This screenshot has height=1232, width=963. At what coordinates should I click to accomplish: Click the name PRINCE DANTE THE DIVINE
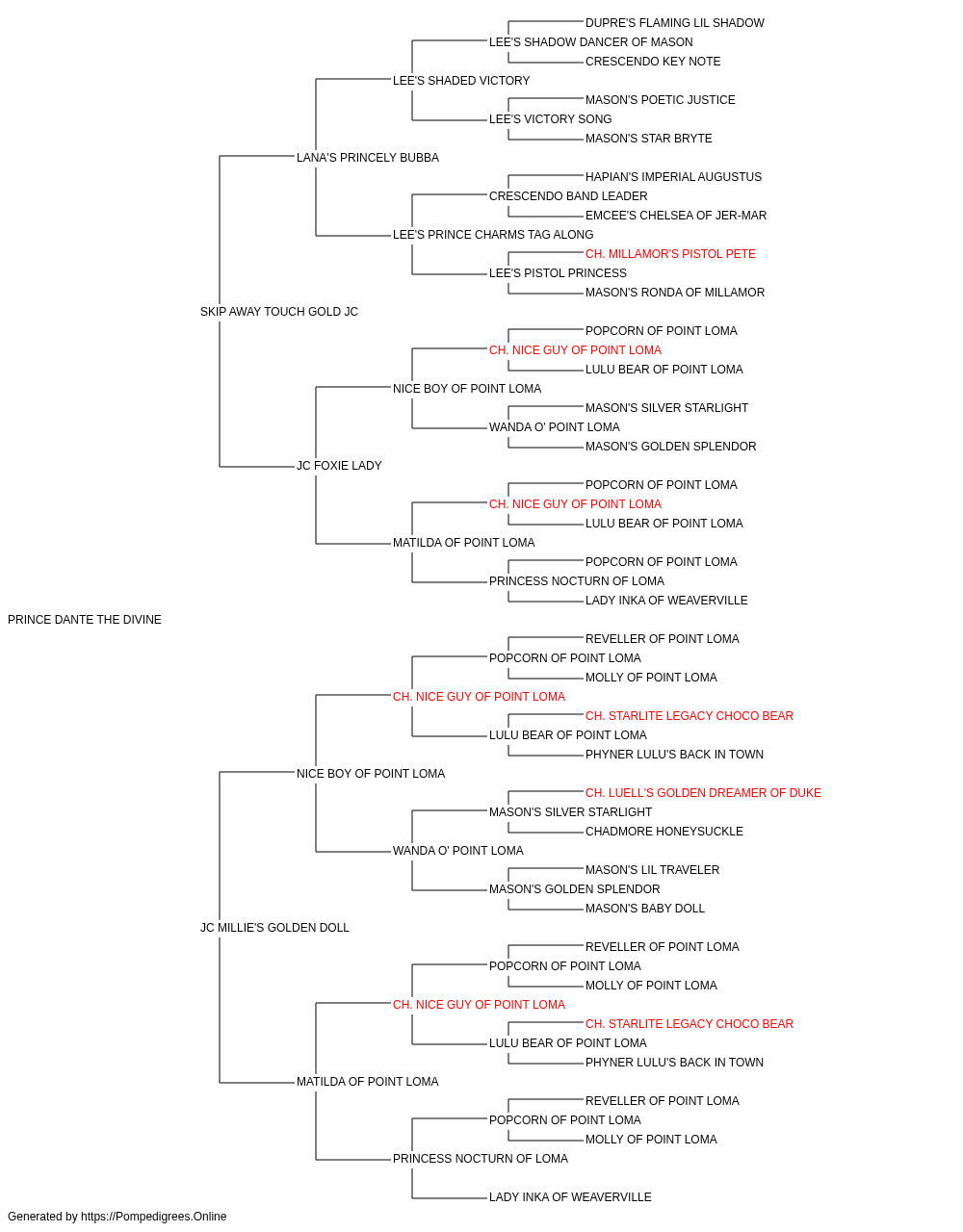(85, 620)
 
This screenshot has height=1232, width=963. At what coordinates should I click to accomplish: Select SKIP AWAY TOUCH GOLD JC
(279, 312)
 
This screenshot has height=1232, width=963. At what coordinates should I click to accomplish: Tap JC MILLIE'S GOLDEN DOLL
(274, 928)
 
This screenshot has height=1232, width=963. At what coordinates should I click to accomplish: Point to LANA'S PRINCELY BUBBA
(368, 158)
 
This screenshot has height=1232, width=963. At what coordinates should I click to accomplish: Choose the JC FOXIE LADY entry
(339, 466)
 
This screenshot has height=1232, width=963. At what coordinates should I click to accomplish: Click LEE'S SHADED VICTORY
(461, 81)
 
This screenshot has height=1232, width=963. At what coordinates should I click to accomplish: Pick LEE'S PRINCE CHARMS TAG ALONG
(493, 235)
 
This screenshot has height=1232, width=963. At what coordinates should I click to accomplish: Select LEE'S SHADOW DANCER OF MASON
(591, 42)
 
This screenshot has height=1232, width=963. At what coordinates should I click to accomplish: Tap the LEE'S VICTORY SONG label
(550, 119)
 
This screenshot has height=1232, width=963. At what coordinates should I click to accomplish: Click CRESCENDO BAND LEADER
(568, 196)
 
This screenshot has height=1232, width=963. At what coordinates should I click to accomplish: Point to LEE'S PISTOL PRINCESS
(559, 273)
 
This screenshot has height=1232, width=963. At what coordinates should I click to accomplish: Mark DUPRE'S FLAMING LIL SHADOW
(675, 23)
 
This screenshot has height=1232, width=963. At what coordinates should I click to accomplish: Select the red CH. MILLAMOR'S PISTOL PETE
(670, 254)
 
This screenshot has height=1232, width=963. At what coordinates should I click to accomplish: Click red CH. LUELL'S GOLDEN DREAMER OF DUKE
(703, 792)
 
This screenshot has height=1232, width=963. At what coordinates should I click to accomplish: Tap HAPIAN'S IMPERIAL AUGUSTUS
(674, 177)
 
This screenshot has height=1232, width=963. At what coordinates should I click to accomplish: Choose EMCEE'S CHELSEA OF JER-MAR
(676, 216)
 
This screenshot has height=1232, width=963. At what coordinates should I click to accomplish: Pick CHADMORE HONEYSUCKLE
(664, 832)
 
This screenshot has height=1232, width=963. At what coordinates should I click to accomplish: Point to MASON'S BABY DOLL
(645, 909)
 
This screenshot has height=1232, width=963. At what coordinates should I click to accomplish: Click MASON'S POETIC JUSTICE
(661, 100)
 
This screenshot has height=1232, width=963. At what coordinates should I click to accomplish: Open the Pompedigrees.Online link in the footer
(153, 1217)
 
